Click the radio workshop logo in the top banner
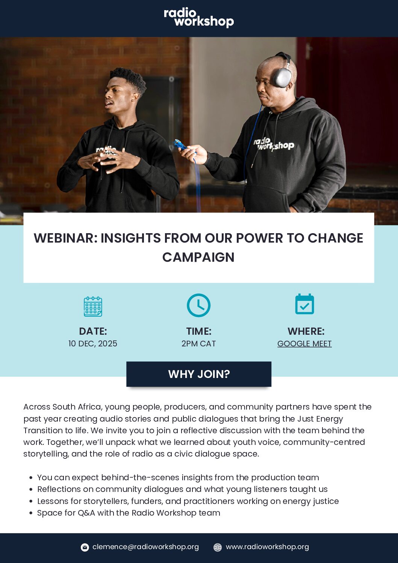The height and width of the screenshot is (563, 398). coord(199,18)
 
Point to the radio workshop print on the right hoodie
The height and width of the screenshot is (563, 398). coord(274,144)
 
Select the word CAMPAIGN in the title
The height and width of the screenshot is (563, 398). coord(198,257)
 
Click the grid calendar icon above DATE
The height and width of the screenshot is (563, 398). coord(93,307)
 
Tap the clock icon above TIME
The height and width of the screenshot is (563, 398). coord(198,305)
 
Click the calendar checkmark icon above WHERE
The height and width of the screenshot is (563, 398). coord(304,304)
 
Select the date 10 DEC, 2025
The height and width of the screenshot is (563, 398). coord(93,344)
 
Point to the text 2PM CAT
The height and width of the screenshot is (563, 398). coord(198,344)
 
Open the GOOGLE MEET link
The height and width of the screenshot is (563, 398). coord(304,344)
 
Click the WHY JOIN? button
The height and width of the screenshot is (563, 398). coord(199,374)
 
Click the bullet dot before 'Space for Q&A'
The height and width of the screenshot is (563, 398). coord(31,513)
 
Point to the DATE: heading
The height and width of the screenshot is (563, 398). coord(93,331)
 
